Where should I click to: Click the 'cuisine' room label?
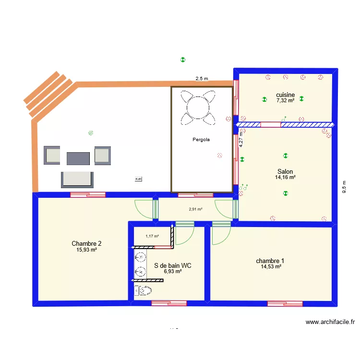pyautogui.click(x=285, y=95)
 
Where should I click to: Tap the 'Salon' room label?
pyautogui.click(x=285, y=171)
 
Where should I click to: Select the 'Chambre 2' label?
pyautogui.click(x=86, y=243)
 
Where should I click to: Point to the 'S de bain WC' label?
pyautogui.click(x=173, y=265)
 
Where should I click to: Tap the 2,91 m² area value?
pyautogui.click(x=195, y=209)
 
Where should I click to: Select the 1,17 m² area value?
pyautogui.click(x=152, y=236)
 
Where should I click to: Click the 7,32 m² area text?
pyautogui.click(x=285, y=101)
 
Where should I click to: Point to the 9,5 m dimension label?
pyautogui.click(x=344, y=186)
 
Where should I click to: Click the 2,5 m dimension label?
pyautogui.click(x=202, y=79)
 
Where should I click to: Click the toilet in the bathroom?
pyautogui.click(x=143, y=290)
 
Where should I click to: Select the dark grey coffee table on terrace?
pyautogui.click(x=78, y=159)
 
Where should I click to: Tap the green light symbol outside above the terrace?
pyautogui.click(x=182, y=60)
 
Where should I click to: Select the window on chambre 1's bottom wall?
pyautogui.click(x=285, y=303)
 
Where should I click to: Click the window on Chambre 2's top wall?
pyautogui.click(x=88, y=194)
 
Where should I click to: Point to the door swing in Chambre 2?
pyautogui.click(x=144, y=208)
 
